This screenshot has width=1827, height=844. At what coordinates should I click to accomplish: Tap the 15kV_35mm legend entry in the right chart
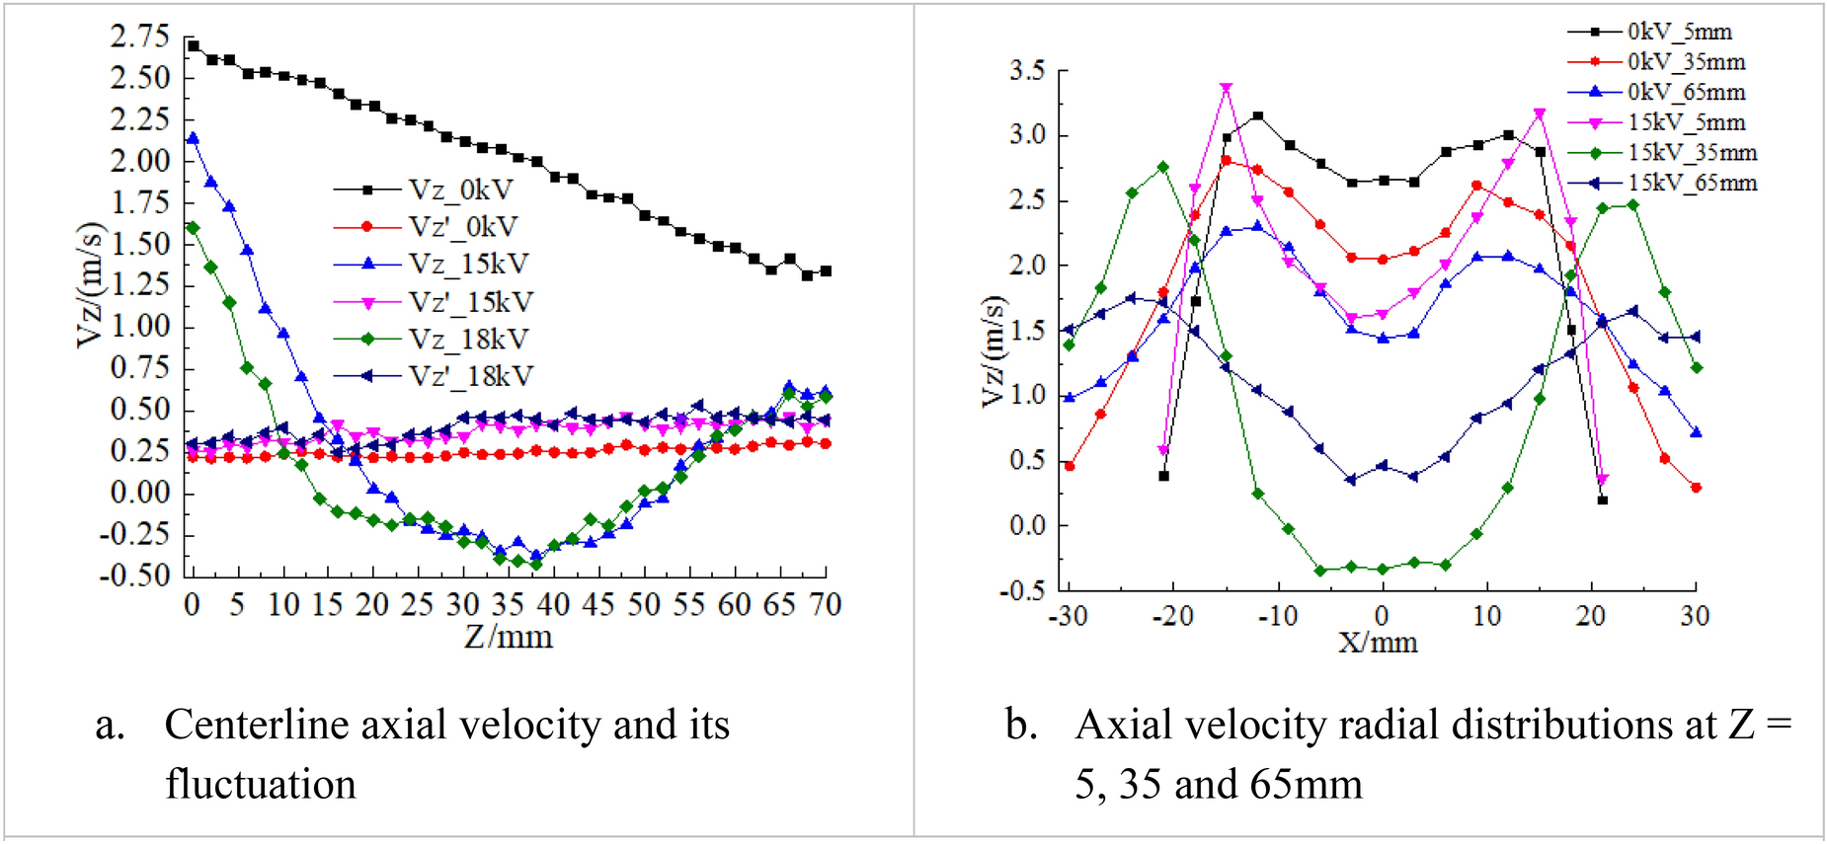(x=1692, y=153)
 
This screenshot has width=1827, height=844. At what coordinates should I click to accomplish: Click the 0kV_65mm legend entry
(x=1686, y=93)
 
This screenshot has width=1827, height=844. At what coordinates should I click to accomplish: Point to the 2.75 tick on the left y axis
(x=139, y=38)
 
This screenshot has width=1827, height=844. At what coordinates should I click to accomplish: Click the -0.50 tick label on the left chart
(x=134, y=575)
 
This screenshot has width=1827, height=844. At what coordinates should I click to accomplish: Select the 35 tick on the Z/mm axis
(x=508, y=604)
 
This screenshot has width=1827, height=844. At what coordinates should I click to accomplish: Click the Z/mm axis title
(x=509, y=637)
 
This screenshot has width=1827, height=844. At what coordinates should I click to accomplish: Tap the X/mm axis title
(x=1378, y=644)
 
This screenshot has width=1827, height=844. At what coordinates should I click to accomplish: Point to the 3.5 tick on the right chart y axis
(x=1027, y=71)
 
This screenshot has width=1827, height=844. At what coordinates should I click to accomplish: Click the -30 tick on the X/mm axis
(x=1067, y=617)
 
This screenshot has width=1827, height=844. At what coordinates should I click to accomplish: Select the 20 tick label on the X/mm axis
(x=1590, y=617)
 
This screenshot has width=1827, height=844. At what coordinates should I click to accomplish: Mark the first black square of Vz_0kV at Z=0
(x=194, y=45)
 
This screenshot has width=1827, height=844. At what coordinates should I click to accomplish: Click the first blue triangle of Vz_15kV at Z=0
(x=193, y=138)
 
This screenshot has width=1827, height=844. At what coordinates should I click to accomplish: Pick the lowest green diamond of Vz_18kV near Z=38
(x=536, y=565)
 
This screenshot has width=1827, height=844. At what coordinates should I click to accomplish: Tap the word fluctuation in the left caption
(x=261, y=785)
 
